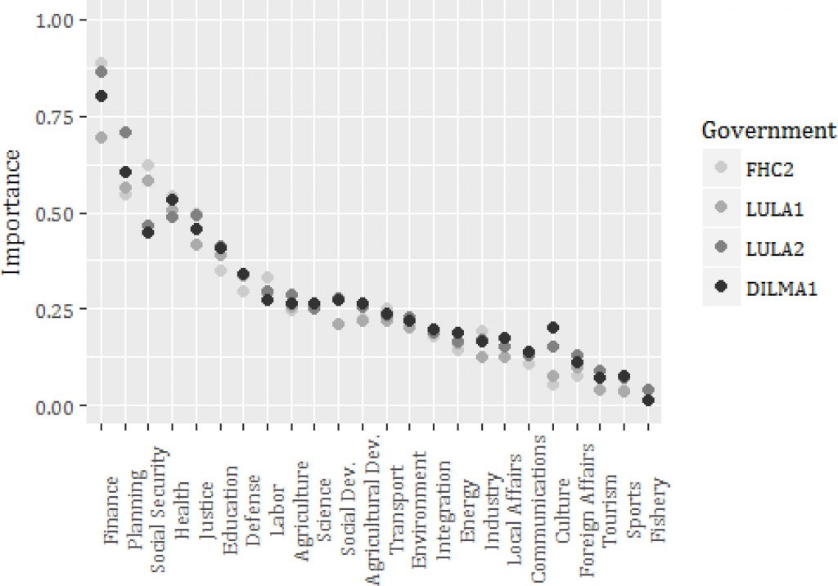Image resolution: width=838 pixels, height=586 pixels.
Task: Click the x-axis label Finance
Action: pyautogui.click(x=112, y=511)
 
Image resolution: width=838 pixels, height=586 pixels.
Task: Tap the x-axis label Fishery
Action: pyautogui.click(x=660, y=509)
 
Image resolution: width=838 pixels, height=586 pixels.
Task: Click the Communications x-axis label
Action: pyautogui.click(x=539, y=508)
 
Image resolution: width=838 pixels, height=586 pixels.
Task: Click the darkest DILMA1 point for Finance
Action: pyautogui.click(x=101, y=96)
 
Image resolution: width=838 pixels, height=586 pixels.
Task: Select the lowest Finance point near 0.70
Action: pyautogui.click(x=101, y=137)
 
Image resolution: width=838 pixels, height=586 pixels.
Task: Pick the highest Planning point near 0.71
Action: pyautogui.click(x=125, y=132)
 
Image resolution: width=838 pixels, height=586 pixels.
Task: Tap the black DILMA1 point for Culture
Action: pyautogui.click(x=552, y=328)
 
